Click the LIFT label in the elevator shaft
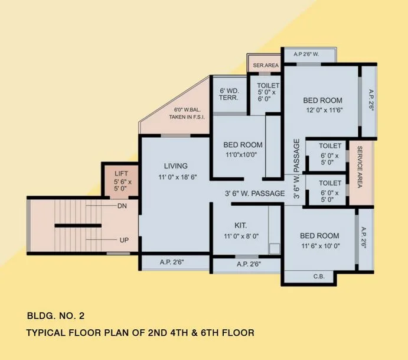pos(121,173)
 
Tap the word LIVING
pos(175,166)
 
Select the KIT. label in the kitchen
pos(241,225)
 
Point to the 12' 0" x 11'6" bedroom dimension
pos(324,110)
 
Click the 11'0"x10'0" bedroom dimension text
pos(241,155)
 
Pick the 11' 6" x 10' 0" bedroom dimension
pos(321,246)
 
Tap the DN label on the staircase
pos(122,206)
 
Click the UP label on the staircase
pos(124,240)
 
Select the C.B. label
pos(319,277)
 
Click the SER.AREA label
pos(266,66)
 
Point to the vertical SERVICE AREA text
pos(360,167)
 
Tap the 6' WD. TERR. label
pos(229,95)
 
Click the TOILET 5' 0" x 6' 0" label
pos(268,92)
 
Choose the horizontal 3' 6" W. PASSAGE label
pos(255,193)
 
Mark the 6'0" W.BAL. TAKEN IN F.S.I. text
pos(187,113)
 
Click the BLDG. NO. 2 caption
pos(56,316)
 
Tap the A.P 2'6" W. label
pos(306,54)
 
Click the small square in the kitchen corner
pos(275,249)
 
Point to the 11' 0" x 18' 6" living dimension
pos(178,177)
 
